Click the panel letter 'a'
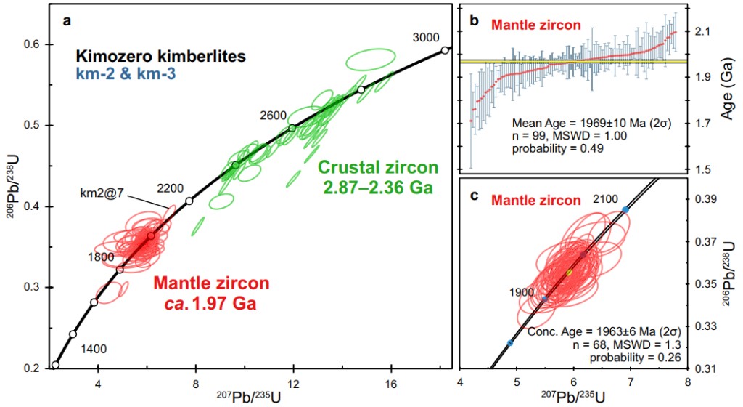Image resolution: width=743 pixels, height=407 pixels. tap(66, 21)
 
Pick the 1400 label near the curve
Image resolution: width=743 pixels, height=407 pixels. tap(94, 349)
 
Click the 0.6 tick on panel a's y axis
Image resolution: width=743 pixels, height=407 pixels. tap(32, 45)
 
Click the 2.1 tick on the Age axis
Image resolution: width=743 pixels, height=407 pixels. tap(701, 31)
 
